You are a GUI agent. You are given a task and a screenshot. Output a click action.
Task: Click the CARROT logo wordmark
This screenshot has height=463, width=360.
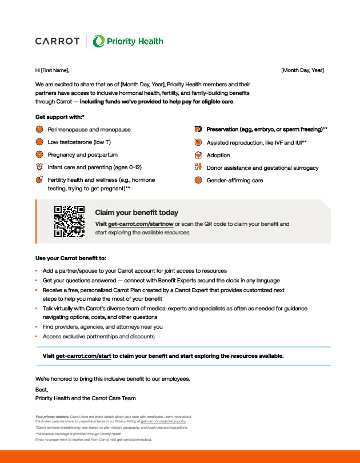pyautogui.click(x=57, y=41)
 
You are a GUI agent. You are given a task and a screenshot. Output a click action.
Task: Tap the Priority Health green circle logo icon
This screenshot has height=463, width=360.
pyautogui.click(x=99, y=41)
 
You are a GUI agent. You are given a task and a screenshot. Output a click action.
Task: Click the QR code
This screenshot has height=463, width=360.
pyautogui.click(x=69, y=221)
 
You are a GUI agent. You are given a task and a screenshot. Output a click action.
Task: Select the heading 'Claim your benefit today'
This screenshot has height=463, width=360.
pyautogui.click(x=137, y=213)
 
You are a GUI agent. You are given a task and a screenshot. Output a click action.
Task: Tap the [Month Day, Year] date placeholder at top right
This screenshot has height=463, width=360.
pyautogui.click(x=302, y=70)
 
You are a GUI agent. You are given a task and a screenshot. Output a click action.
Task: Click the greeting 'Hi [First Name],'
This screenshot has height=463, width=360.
pyautogui.click(x=52, y=70)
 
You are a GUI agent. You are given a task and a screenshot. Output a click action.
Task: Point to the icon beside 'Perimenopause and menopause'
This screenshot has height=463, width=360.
pyautogui.click(x=39, y=130)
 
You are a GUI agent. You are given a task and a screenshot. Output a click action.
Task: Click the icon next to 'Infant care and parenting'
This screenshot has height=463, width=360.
pyautogui.click(x=39, y=167)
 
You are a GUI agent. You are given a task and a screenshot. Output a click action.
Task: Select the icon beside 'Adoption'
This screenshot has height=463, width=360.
pyautogui.click(x=198, y=155)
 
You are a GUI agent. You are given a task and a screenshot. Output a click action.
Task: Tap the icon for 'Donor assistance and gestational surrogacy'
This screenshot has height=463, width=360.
pyautogui.click(x=198, y=167)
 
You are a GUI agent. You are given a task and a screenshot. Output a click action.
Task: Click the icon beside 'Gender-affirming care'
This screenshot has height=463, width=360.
pyautogui.click(x=198, y=180)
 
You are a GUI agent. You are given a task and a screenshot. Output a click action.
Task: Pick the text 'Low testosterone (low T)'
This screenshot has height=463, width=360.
pyautogui.click(x=79, y=142)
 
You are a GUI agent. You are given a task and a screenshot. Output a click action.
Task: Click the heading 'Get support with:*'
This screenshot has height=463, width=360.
pyautogui.click(x=60, y=117)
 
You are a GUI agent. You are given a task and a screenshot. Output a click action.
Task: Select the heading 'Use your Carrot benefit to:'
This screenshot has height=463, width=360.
pyautogui.click(x=71, y=258)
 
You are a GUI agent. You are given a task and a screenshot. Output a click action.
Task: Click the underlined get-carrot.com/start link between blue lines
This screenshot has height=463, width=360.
pyautogui.click(x=83, y=356)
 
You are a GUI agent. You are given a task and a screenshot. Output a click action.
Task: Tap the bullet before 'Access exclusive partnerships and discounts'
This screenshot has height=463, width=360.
pyautogui.click(x=37, y=337)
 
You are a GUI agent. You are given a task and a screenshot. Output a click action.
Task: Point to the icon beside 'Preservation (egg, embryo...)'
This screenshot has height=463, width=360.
pyautogui.click(x=198, y=130)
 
